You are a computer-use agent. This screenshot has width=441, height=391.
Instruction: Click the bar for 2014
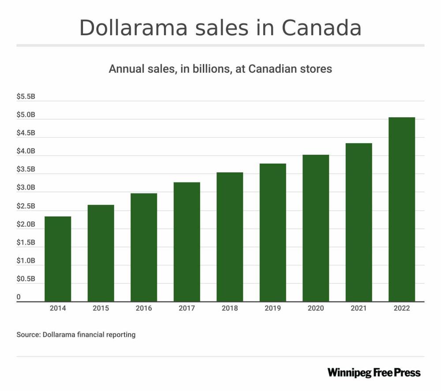(58, 259)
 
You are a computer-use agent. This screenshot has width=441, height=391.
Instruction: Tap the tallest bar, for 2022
(402, 209)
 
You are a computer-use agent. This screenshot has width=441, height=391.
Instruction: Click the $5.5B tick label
(26, 97)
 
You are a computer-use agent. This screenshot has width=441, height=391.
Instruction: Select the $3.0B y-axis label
(26, 188)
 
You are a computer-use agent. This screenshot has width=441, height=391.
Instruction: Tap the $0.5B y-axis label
(26, 279)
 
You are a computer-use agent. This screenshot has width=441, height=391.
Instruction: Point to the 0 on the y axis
(19, 297)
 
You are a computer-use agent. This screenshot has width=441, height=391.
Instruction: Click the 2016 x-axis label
(144, 309)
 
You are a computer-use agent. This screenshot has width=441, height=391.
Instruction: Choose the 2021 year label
(359, 309)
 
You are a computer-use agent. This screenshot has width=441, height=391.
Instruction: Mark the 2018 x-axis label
(230, 309)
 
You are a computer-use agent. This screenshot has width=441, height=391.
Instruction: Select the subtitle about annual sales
(220, 69)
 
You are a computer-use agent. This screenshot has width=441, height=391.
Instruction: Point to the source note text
(76, 335)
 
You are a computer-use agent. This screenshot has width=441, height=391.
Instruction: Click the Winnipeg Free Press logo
(374, 372)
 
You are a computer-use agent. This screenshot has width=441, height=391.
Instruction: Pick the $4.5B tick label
(26, 133)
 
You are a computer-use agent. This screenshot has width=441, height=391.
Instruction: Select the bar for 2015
(101, 253)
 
